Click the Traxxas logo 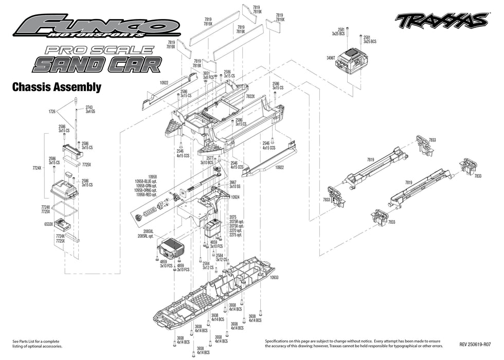coord(441,21)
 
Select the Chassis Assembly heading coord(57,87)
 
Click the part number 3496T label coord(331,58)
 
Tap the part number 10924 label coord(236,196)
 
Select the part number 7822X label coord(250,96)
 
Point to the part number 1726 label coord(52,111)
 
